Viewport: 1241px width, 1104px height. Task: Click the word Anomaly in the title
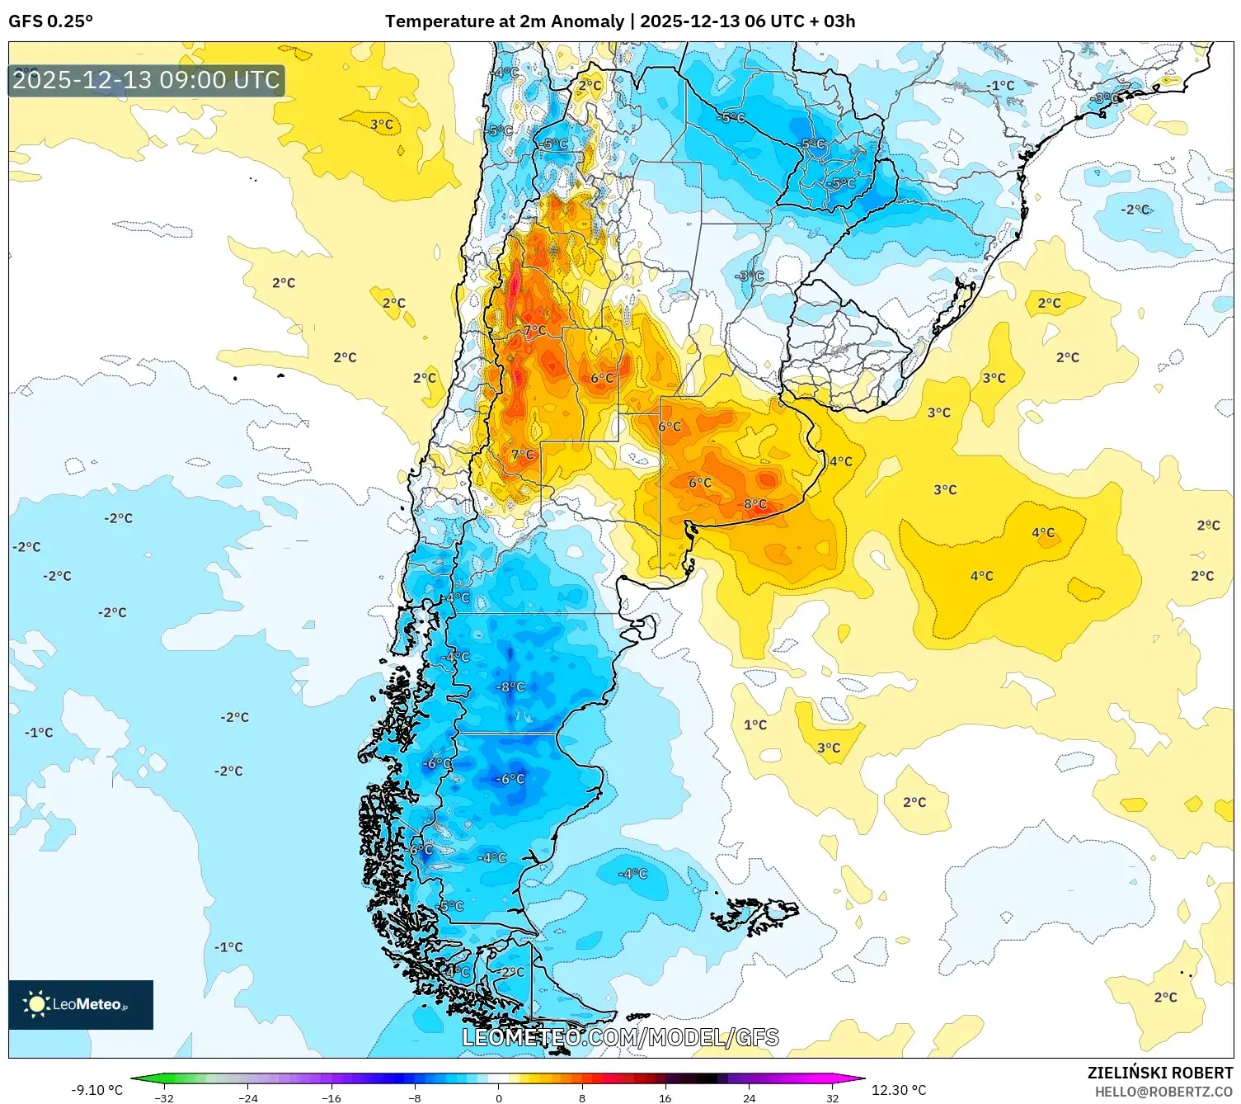point(587,21)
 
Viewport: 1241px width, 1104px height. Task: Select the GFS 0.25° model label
point(51,21)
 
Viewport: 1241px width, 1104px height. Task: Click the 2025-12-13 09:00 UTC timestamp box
point(147,81)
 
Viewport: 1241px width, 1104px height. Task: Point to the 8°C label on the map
point(754,504)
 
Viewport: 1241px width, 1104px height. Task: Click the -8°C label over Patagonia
point(510,686)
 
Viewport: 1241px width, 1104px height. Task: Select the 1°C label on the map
point(754,724)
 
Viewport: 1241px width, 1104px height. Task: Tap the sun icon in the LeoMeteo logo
point(36,1004)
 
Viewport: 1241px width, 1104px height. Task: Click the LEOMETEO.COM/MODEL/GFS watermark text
point(620,1037)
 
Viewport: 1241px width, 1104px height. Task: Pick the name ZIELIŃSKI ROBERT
point(1159,1073)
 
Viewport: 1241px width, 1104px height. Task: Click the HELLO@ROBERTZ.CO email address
point(1163,1092)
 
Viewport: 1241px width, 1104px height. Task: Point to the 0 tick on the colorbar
point(498,1097)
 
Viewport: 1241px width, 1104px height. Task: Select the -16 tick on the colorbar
point(331,1097)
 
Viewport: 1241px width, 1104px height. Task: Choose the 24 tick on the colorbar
point(749,1097)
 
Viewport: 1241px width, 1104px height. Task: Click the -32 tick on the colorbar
point(164,1097)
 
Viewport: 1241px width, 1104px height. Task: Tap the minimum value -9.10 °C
point(96,1090)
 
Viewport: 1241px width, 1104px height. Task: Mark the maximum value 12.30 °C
point(899,1090)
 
